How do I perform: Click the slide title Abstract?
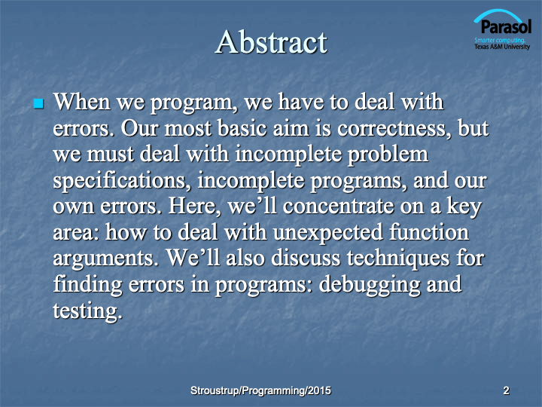271,41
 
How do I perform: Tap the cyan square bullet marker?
38,103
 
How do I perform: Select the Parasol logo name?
506,27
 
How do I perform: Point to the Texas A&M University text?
502,47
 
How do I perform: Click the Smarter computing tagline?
500,40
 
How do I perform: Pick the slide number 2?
506,390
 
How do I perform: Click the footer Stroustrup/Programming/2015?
260,390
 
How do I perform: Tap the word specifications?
122,181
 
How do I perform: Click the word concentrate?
339,207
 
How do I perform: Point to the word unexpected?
328,233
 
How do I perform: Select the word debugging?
369,285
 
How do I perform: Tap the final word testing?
88,311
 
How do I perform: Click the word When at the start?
81,102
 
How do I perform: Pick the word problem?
388,155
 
